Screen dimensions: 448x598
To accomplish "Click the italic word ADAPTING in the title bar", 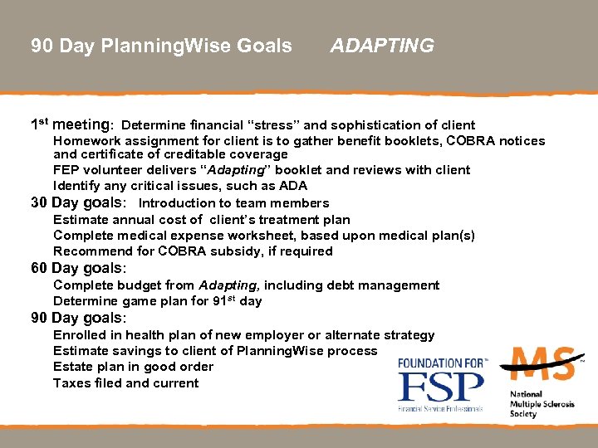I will tap(382, 46).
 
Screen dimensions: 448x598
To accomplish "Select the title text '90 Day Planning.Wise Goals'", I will tap(161, 46).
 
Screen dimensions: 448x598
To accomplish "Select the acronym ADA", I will tap(292, 186).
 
